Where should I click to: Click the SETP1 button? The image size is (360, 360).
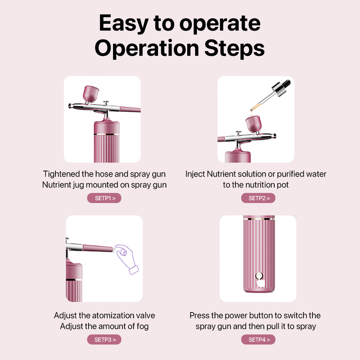[104, 198]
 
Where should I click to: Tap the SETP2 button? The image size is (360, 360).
[258, 198]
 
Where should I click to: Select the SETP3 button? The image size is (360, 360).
[104, 339]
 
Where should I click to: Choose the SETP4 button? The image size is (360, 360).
[258, 339]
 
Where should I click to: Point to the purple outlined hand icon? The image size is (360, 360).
[126, 258]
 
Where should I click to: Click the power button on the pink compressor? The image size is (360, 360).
[258, 276]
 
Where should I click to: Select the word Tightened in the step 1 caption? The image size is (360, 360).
[62, 174]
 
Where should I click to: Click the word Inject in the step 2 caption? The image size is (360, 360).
[195, 174]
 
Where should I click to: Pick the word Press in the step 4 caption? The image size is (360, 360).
[200, 316]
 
